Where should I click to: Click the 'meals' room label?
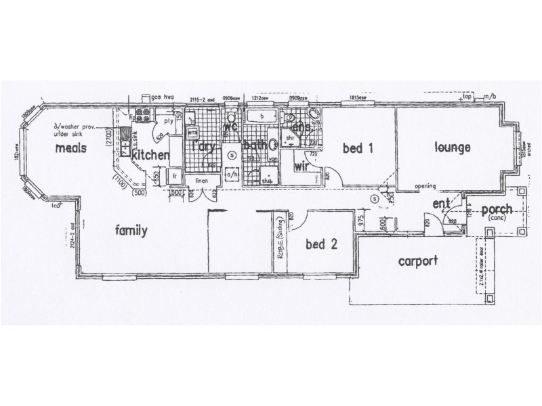pos(70,148)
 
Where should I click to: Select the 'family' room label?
pos(131,231)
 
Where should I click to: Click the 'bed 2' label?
pos(321,244)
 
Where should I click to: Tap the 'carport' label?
pos(418,260)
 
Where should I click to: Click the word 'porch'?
pos(497,209)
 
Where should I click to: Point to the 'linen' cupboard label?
pos(202,181)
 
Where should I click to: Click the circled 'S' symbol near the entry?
pos(375,199)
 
